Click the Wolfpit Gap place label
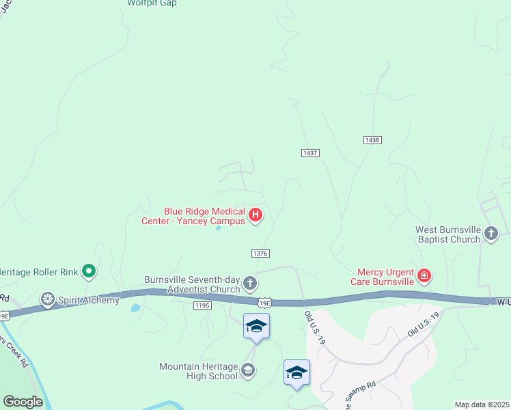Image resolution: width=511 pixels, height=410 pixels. coord(152,3)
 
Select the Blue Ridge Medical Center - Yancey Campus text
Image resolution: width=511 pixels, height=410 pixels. coord(193,216)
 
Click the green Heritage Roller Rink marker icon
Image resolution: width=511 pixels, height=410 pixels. coord(88,272)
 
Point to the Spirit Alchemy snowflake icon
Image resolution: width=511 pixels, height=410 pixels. coord(47,299)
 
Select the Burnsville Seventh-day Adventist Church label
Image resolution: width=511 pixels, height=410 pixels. coord(192,284)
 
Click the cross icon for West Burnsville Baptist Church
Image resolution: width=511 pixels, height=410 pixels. coord(491,234)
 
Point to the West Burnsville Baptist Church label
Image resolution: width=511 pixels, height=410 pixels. coord(448,234)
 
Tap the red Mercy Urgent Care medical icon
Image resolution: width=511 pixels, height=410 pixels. coord(424,276)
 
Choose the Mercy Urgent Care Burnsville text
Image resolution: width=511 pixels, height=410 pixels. coord(383,276)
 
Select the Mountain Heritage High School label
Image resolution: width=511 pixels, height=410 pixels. coord(199,371)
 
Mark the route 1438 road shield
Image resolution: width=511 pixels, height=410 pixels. coord(372,139)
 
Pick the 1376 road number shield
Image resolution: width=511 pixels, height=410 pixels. coord(260,253)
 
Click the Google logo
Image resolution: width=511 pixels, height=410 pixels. coord(23,402)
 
